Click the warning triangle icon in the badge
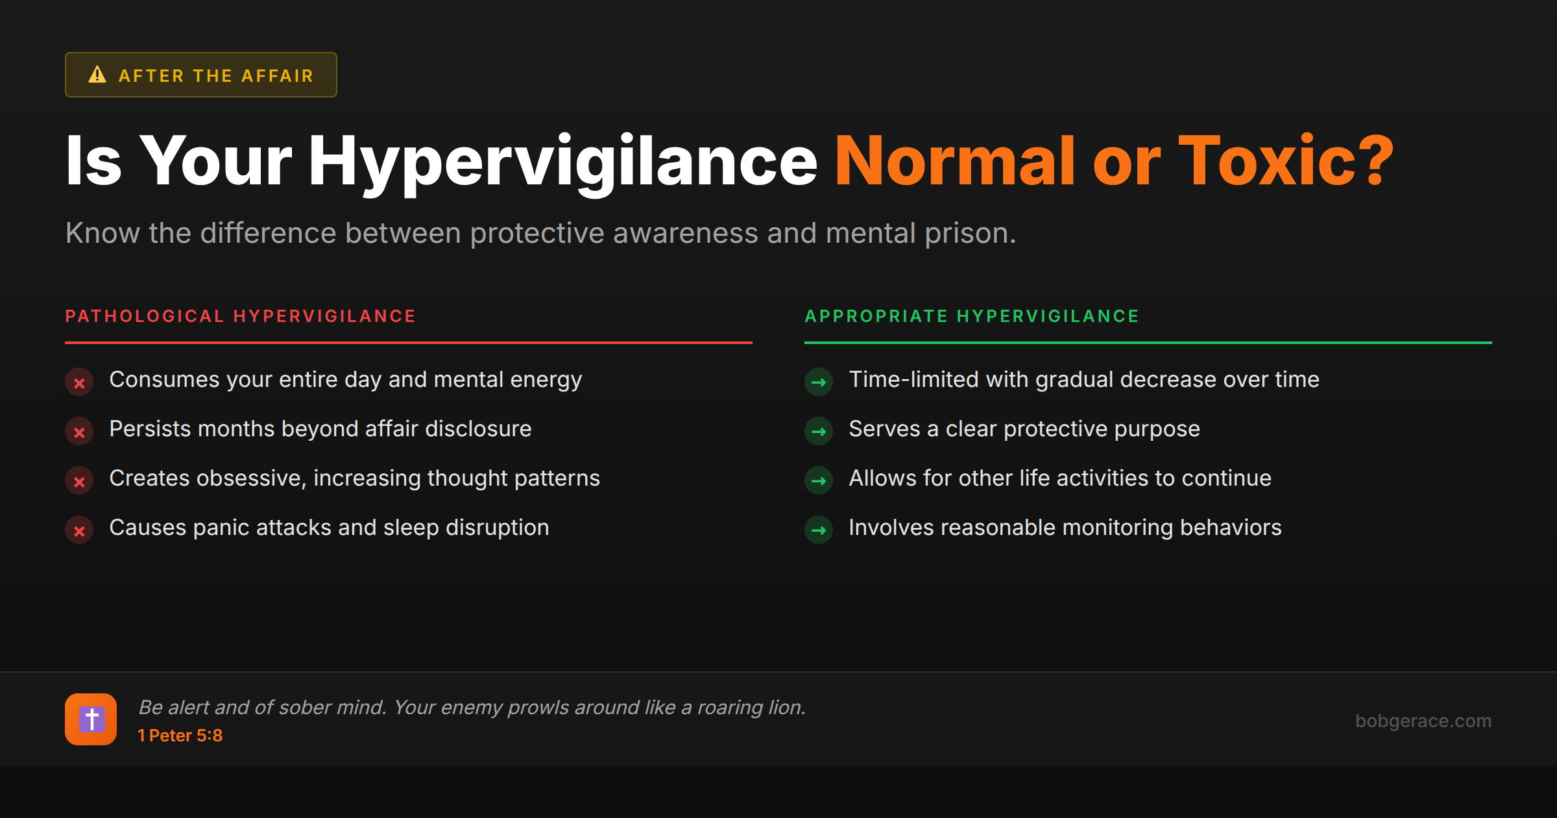coord(97,75)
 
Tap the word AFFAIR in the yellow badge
coord(278,76)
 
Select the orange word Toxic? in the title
coord(1285,160)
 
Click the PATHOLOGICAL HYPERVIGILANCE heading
coord(240,316)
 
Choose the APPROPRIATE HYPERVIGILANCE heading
coord(972,316)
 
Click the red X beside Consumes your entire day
coord(79,383)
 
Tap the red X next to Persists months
coord(79,432)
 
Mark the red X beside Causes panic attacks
coord(79,531)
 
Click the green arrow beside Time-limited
coord(819,382)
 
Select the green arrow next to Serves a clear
coord(819,432)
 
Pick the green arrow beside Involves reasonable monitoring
coord(819,530)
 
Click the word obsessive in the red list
coord(251,478)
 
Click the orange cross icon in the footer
coord(91,719)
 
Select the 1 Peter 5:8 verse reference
coord(180,736)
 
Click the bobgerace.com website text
coord(1423,721)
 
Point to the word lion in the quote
coord(785,707)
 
